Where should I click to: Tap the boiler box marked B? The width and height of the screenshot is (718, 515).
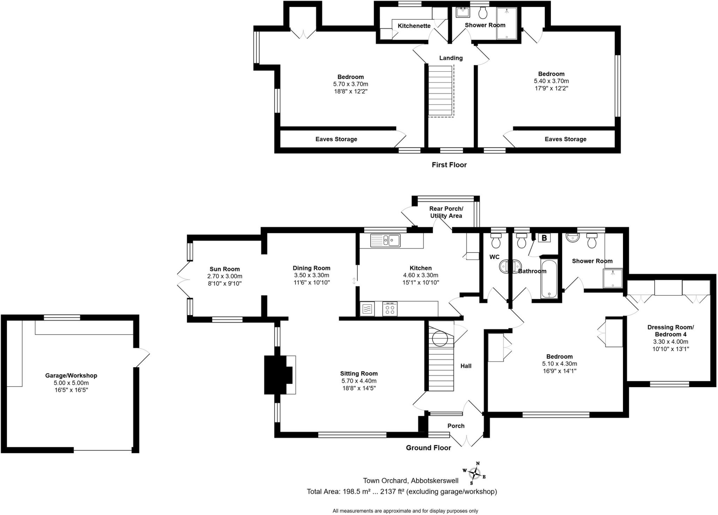544,238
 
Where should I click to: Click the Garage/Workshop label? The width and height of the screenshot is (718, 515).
71,375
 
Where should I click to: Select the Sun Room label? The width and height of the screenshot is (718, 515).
225,269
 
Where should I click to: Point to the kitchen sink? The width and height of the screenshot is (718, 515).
385,240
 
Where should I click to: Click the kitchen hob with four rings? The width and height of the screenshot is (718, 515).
390,309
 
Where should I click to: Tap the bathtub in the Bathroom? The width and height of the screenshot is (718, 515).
549,279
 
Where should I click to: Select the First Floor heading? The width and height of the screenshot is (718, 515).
449,165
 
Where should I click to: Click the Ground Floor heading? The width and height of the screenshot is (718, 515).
428,448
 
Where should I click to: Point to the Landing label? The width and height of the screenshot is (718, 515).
451,58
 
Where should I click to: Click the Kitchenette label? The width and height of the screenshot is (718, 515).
414,26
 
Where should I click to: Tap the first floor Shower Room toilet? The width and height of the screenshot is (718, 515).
483,13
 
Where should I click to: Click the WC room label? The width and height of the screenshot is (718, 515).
494,257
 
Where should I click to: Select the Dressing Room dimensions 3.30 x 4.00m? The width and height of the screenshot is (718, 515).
670,342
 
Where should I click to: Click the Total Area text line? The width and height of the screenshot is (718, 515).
402,491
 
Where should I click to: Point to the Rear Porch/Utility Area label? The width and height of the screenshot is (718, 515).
446,212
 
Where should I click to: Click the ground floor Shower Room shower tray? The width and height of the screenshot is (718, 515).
613,278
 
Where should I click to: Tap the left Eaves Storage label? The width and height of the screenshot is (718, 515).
336,139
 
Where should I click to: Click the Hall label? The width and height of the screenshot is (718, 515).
466,366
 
